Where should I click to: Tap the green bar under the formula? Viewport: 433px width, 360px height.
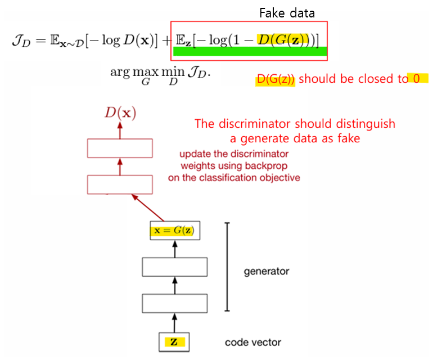point(250,52)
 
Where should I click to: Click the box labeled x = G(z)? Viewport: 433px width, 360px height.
point(175,230)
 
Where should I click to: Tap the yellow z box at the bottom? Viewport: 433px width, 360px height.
point(175,341)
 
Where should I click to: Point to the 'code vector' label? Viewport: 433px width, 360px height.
point(253,342)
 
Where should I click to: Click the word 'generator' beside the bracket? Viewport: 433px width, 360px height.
point(267,271)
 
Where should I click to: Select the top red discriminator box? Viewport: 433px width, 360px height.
point(120,148)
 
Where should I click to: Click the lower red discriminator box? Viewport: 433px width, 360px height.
point(120,184)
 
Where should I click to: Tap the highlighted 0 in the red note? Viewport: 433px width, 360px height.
point(417,78)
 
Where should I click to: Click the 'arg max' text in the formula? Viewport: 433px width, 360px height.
point(128,73)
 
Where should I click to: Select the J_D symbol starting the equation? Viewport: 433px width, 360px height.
point(20,41)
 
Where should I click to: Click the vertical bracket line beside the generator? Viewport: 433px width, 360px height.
point(227,267)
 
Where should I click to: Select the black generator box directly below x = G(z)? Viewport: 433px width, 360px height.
point(175,267)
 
